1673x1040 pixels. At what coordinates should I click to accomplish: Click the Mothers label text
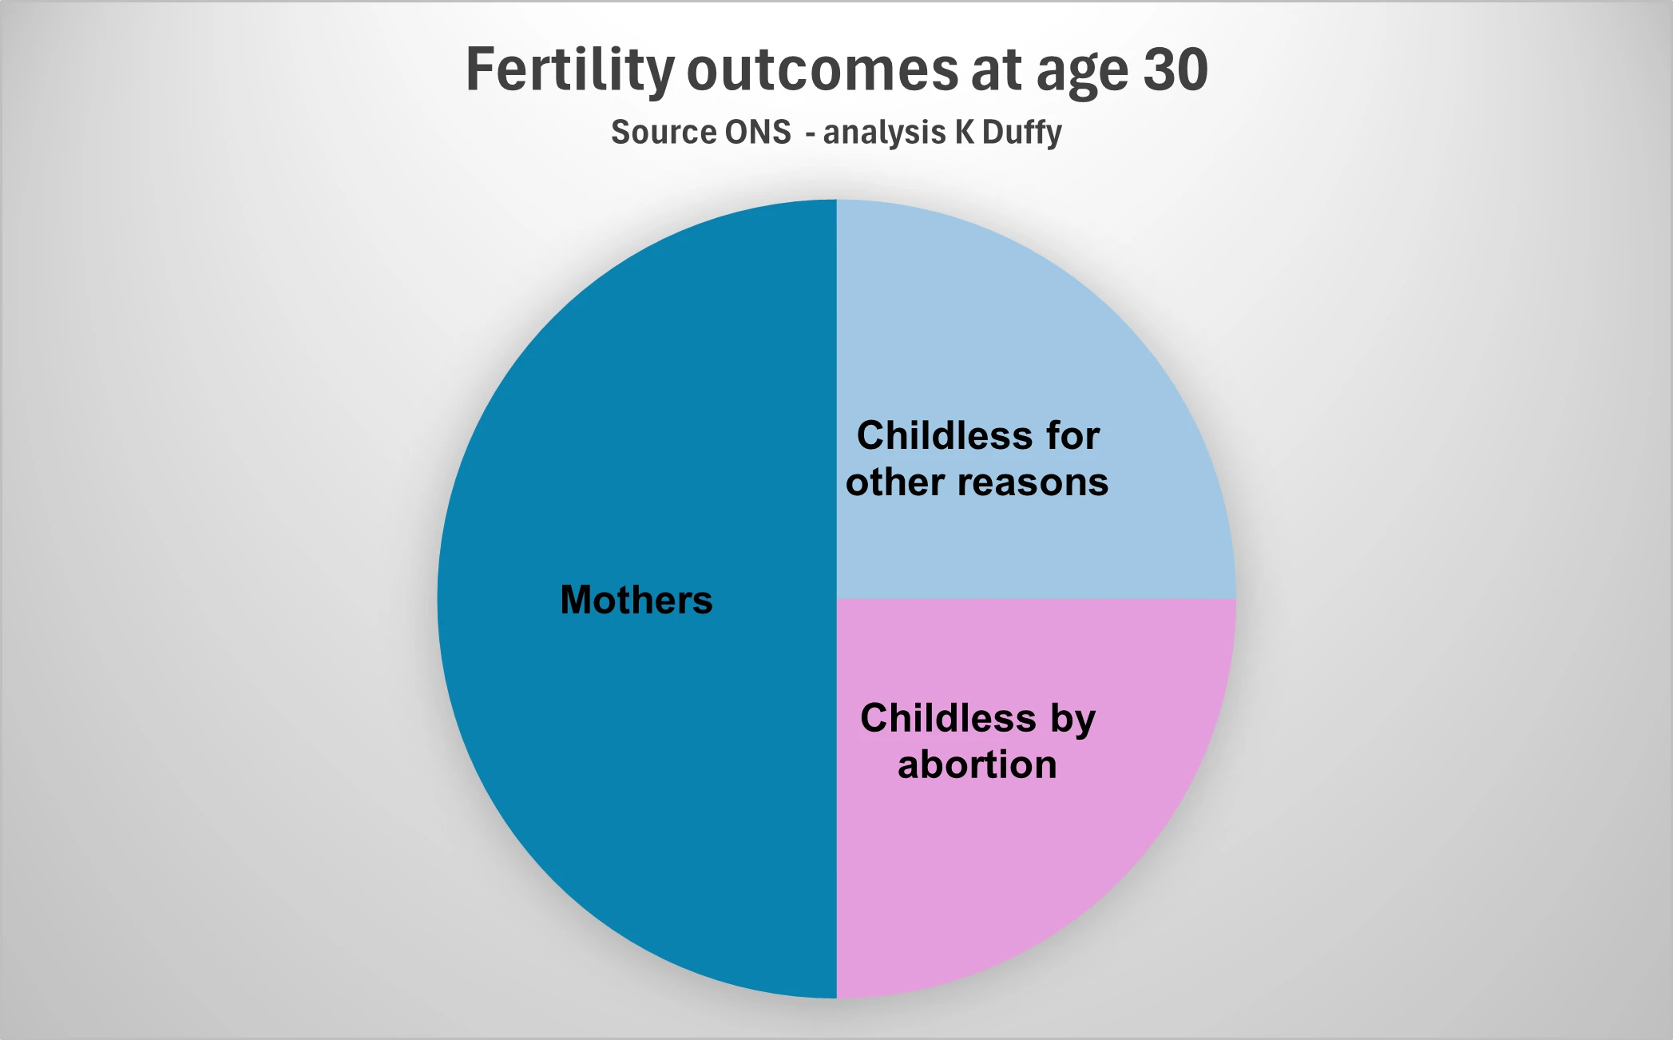(x=636, y=600)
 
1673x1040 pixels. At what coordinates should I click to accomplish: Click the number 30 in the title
(x=1175, y=70)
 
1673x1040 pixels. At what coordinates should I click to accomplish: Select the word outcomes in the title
(x=823, y=70)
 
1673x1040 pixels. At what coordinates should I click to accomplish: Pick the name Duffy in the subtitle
(x=1022, y=133)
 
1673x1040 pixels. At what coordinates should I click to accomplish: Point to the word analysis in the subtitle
(x=884, y=133)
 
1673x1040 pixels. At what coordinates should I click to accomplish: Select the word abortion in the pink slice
(x=977, y=764)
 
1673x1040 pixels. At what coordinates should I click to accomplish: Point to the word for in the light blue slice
(x=1073, y=435)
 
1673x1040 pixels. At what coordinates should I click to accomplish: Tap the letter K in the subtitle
(x=965, y=132)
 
